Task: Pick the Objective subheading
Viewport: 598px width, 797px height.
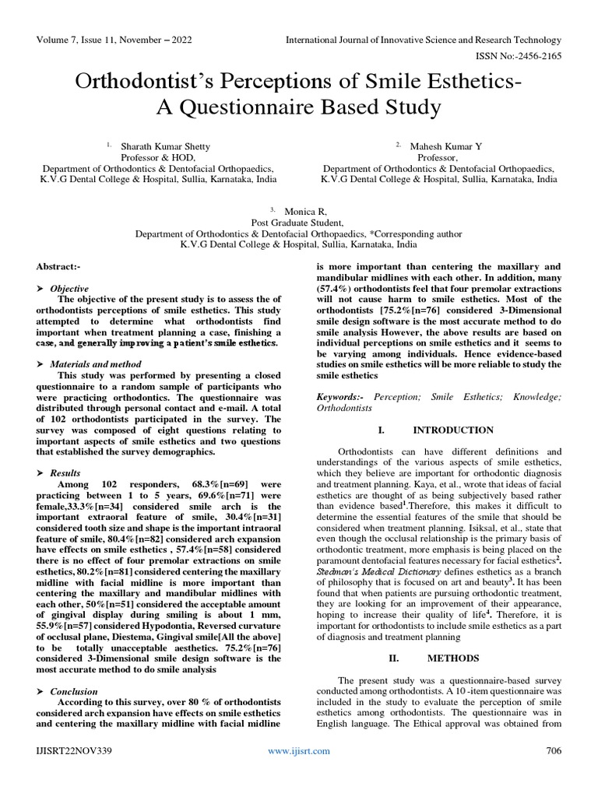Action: [x=69, y=288]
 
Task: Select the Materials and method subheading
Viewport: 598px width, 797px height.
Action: [x=96, y=363]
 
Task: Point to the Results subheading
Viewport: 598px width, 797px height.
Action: [x=65, y=472]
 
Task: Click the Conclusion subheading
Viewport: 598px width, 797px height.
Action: [x=74, y=691]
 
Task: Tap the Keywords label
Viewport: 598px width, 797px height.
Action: [x=340, y=397]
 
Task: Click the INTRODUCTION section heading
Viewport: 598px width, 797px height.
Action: [x=452, y=430]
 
